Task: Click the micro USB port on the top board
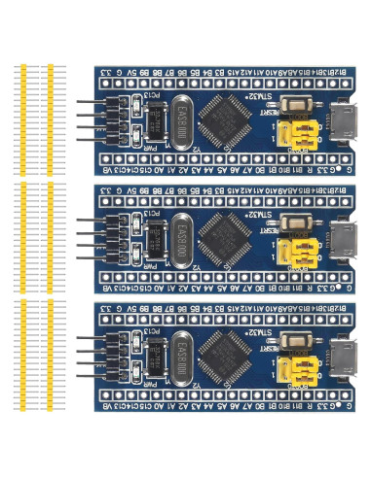coord(344,120)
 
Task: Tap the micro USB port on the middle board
coord(344,238)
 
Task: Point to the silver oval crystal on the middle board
coord(181,233)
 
